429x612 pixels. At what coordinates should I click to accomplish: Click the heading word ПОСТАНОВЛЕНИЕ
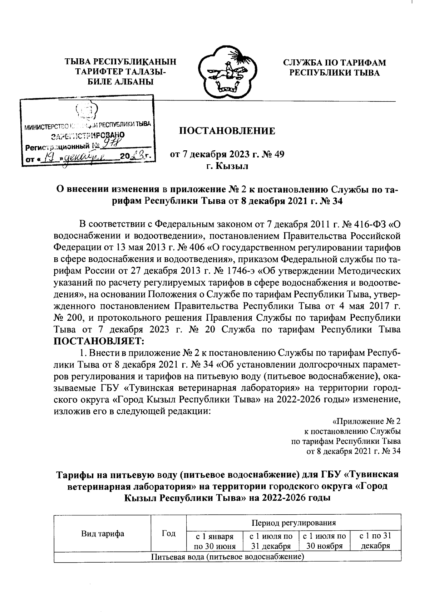(x=227, y=131)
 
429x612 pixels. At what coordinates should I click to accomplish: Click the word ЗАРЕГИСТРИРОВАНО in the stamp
(x=88, y=136)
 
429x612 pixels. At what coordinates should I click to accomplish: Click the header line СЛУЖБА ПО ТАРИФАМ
(x=334, y=63)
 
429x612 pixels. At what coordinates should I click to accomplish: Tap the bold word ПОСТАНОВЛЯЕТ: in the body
(x=99, y=340)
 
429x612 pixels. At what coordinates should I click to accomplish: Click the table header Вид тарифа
(x=103, y=534)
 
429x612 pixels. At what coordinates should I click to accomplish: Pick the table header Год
(x=168, y=534)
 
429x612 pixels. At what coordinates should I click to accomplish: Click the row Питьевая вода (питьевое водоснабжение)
(x=227, y=557)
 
